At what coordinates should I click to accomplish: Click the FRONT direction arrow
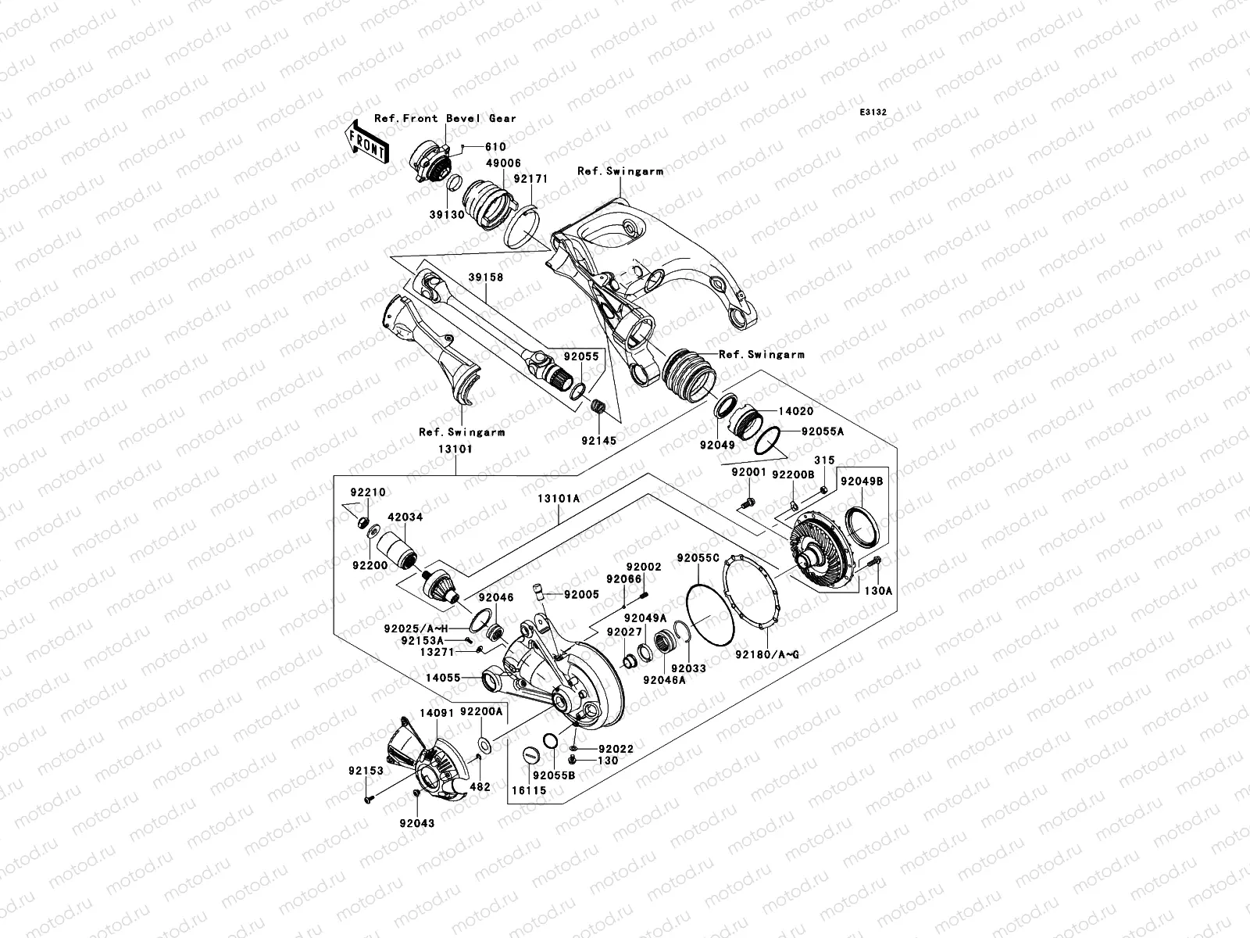368,141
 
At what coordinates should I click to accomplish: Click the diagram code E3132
873,113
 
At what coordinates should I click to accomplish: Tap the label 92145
598,441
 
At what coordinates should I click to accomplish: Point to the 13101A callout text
559,498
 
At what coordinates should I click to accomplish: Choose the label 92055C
697,558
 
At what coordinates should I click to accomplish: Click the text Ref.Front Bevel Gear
445,119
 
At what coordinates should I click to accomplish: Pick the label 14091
436,713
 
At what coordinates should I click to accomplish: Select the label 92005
583,595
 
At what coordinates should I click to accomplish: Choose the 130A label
877,591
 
